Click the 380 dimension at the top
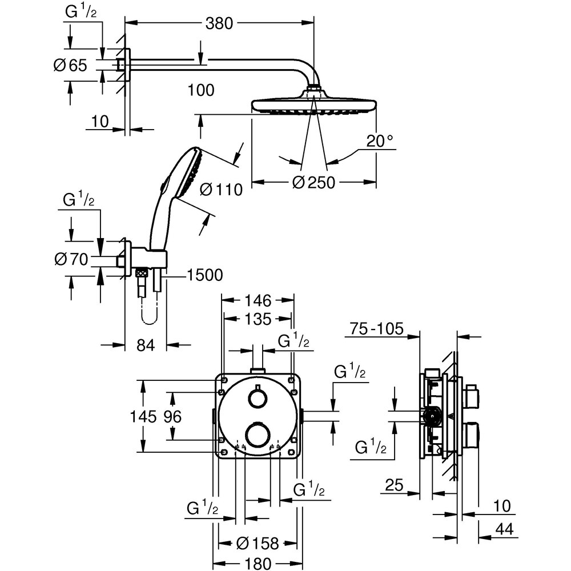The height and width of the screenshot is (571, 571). click(219, 23)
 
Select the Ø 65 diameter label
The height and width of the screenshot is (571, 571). click(70, 65)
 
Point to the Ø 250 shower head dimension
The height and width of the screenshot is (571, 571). click(313, 183)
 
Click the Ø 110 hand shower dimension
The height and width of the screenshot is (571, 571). click(222, 189)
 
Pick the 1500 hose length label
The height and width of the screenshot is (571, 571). click(204, 275)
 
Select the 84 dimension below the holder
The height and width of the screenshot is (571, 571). click(146, 345)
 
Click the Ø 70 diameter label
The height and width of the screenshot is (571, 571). click(71, 260)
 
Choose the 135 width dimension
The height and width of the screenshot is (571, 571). click(258, 319)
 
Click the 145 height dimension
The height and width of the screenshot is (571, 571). click(142, 417)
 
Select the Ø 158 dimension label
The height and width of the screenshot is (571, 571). click(257, 544)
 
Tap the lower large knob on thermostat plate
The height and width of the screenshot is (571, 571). click(258, 432)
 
